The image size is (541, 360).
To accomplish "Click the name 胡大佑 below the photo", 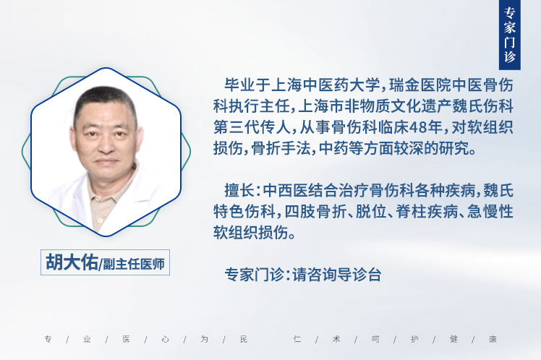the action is (x=72, y=262).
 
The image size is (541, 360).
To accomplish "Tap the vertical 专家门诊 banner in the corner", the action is (x=510, y=35).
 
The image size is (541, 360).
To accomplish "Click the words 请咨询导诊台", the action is (x=337, y=275).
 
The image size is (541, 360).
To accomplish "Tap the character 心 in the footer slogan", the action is (x=166, y=339).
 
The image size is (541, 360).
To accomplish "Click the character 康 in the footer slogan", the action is (x=493, y=339).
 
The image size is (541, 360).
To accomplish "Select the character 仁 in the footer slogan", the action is (x=297, y=339).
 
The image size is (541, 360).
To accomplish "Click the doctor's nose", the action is (x=106, y=147).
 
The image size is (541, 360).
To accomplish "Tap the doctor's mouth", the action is (x=107, y=161).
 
